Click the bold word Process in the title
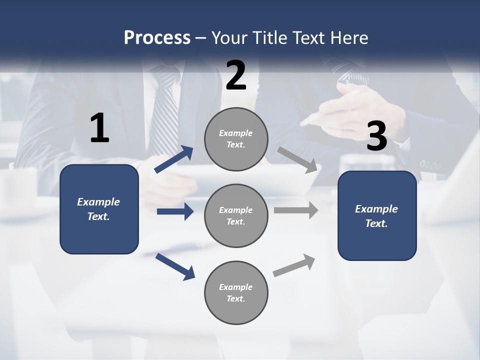click(157, 37)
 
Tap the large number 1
click(99, 128)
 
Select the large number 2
click(236, 75)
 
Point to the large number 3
click(376, 136)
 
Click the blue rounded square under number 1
click(99, 209)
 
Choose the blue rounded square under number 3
click(377, 216)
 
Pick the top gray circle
click(236, 139)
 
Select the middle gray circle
click(236, 216)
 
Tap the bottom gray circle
click(236, 293)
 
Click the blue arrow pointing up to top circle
click(174, 159)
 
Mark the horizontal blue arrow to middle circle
click(175, 211)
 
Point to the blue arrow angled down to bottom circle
click(175, 266)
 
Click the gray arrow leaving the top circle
click(297, 159)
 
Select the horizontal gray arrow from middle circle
click(296, 210)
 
